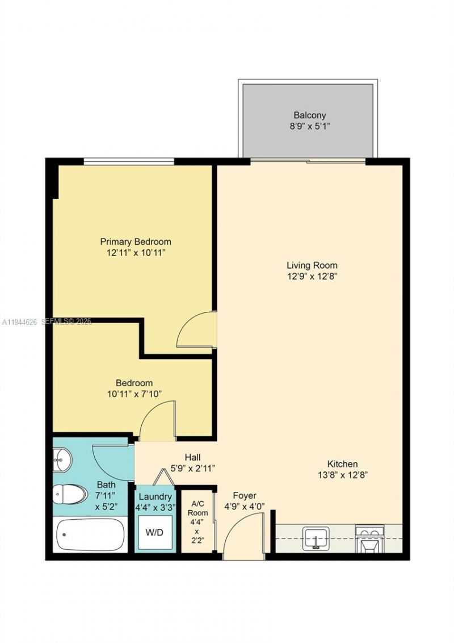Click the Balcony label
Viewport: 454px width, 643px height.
(x=309, y=115)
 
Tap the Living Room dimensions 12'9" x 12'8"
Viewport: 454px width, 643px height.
(x=312, y=277)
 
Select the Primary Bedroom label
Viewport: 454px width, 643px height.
(x=136, y=241)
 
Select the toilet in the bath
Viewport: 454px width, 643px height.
(x=65, y=495)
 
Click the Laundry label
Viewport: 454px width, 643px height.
(x=155, y=496)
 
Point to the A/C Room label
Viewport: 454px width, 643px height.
(x=199, y=508)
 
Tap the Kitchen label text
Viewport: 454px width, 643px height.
(x=342, y=464)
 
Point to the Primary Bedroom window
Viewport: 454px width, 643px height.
(x=129, y=162)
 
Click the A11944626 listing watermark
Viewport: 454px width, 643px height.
(x=19, y=322)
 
